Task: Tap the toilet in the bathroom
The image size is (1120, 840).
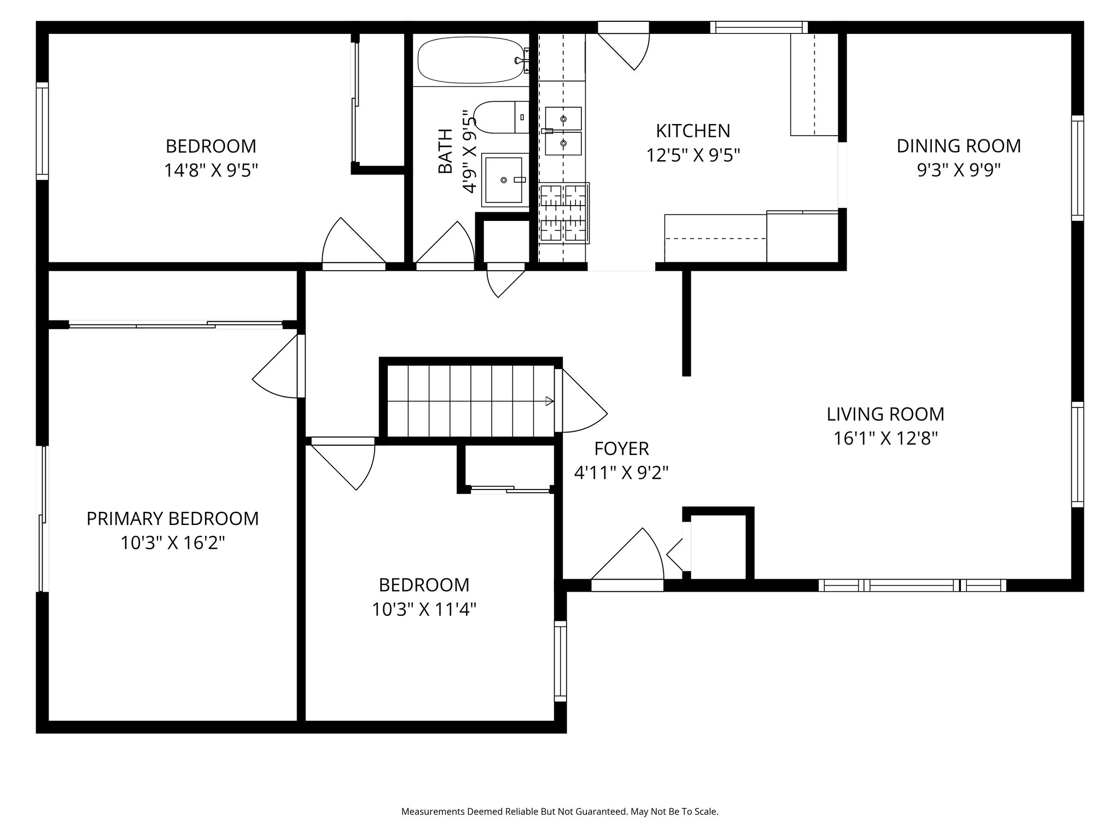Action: [501, 117]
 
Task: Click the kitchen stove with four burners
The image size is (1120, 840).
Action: [564, 213]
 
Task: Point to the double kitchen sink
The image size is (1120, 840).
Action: [563, 131]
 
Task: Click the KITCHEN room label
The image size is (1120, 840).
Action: [693, 131]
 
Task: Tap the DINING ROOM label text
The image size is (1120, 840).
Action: [959, 146]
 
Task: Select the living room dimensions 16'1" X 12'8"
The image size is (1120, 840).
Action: [886, 439]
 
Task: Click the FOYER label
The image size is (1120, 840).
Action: [621, 448]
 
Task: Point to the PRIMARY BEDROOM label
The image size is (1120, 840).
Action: [173, 518]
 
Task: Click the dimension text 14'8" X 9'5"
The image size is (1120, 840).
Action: [211, 171]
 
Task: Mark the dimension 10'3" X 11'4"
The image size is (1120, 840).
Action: [424, 609]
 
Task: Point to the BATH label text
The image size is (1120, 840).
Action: [446, 151]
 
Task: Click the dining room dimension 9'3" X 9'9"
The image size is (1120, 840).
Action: [959, 171]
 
